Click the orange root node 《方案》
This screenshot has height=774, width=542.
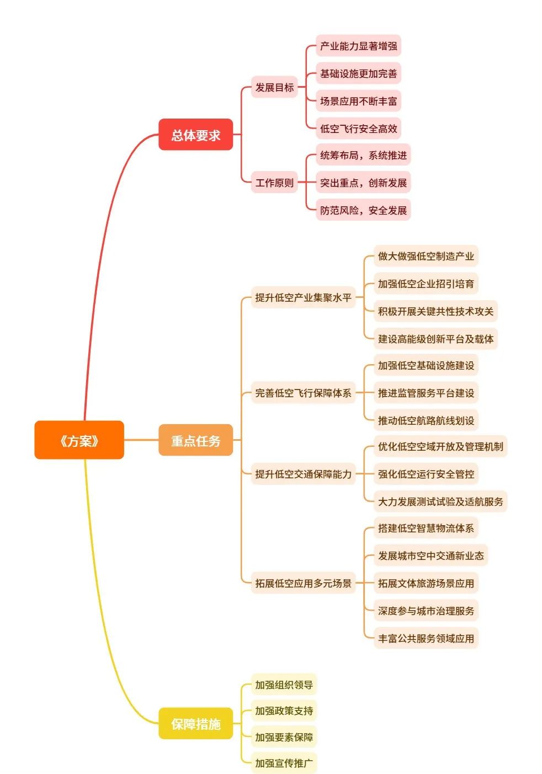coord(79,440)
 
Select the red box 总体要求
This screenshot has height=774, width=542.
coord(195,135)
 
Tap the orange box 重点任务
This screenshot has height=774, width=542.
coord(195,440)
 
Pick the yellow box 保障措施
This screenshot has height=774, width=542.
coord(195,723)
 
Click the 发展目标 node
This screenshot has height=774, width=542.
coord(274,87)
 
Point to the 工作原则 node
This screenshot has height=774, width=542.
coord(274,183)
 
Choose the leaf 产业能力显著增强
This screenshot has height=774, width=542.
coord(358,46)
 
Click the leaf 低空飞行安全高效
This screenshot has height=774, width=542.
coord(358,129)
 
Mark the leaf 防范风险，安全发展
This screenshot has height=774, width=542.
coord(363,210)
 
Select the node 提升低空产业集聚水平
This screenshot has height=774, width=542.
coord(303,297)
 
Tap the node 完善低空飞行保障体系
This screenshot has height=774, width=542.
coord(303,393)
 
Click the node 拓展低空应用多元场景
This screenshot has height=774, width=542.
coord(303,583)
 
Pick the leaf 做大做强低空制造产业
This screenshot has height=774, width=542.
coord(426,256)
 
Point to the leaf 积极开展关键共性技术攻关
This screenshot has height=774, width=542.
coord(435,311)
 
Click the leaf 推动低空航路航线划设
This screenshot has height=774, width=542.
coord(426,420)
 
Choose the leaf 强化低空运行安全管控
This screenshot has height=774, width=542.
coord(426,474)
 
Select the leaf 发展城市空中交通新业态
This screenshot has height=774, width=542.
coord(431,556)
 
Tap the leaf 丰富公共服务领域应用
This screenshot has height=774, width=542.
coord(426,638)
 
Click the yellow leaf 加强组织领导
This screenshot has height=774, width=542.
coord(284,685)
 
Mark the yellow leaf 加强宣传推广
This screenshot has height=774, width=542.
coord(284,763)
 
